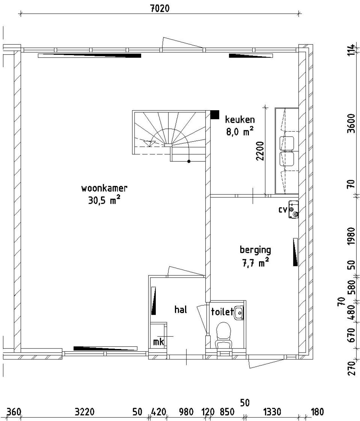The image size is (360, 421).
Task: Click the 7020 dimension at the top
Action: pyautogui.click(x=160, y=8)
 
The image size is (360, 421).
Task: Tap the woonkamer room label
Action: pyautogui.click(x=104, y=188)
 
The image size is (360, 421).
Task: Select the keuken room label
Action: pyautogui.click(x=240, y=120)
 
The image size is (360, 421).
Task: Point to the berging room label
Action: pyautogui.click(x=255, y=250)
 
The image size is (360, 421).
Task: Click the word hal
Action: pyautogui.click(x=181, y=310)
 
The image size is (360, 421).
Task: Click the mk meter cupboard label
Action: pyautogui.click(x=158, y=342)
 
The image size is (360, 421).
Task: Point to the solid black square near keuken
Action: pyautogui.click(x=215, y=114)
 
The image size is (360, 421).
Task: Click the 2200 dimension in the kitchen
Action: pyautogui.click(x=260, y=151)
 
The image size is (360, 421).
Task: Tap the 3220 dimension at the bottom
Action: pyautogui.click(x=84, y=412)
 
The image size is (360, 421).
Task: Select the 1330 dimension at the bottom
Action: pyautogui.click(x=272, y=412)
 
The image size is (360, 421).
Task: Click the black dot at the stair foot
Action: pyautogui.click(x=189, y=161)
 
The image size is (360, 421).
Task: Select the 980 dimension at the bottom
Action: pyautogui.click(x=186, y=412)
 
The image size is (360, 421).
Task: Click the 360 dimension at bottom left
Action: pyautogui.click(x=14, y=412)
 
